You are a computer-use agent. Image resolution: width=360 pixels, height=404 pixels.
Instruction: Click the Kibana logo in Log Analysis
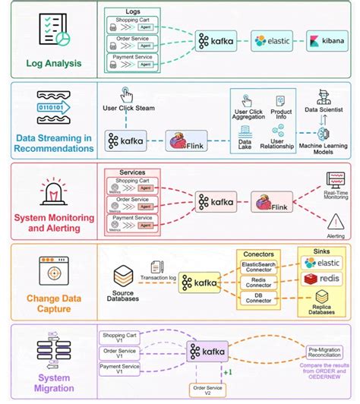coord(328,39)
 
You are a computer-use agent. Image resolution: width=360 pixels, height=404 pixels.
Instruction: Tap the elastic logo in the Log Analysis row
coord(270,39)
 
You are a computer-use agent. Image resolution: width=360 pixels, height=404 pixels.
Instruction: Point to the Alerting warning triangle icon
coord(335,222)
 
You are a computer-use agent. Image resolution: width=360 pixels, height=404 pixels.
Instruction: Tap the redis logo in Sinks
coord(322,279)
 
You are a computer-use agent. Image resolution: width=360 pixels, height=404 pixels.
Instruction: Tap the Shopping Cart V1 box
coord(120,337)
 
